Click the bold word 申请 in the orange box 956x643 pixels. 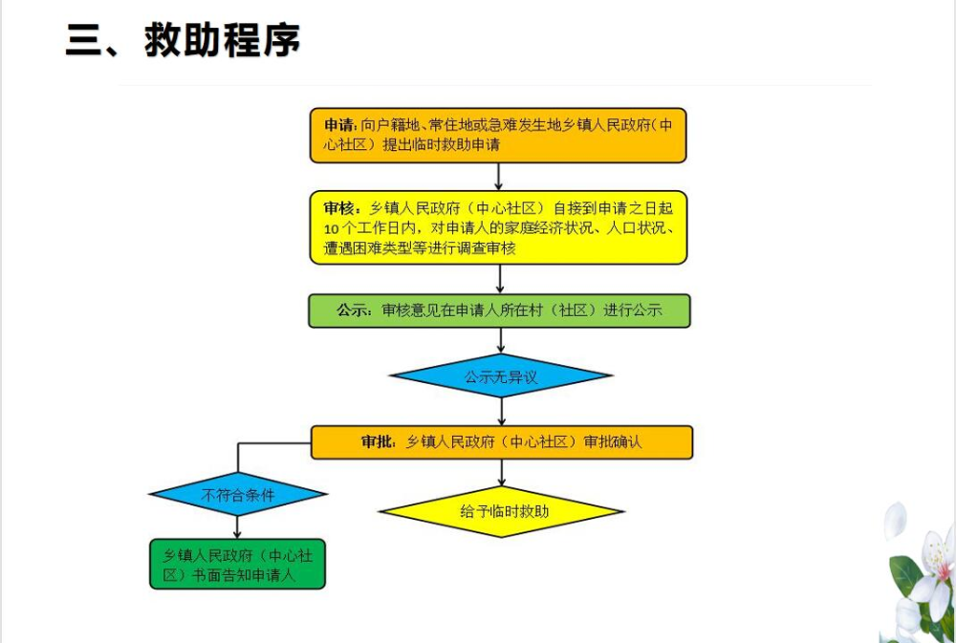pyautogui.click(x=339, y=126)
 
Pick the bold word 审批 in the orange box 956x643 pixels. pyautogui.click(x=378, y=442)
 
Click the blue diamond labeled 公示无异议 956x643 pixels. pyautogui.click(x=501, y=376)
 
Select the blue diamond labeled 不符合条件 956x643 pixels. pyautogui.click(x=238, y=495)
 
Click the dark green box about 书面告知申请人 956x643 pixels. pyautogui.click(x=238, y=565)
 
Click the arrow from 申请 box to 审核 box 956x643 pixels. pyautogui.click(x=499, y=177)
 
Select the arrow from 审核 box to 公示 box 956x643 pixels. pyautogui.click(x=499, y=278)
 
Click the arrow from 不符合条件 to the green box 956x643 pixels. pyautogui.click(x=237, y=526)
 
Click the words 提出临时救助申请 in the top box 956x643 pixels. pyautogui.click(x=441, y=145)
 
